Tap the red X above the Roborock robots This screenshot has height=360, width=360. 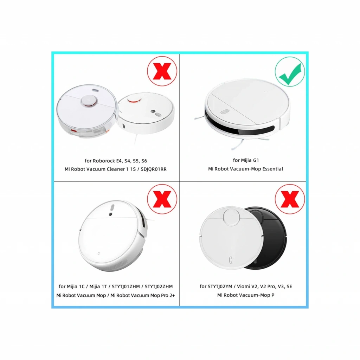pos(162,71)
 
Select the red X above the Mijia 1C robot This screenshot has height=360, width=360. pos(162,199)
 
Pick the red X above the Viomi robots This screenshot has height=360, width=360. pos(290,199)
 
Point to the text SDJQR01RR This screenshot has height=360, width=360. pos(153,169)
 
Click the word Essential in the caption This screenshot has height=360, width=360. pos(272,169)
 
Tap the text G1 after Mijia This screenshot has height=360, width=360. pos(256,160)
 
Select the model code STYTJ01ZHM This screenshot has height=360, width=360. pos(126,287)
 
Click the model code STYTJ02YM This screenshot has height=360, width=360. pos(220,287)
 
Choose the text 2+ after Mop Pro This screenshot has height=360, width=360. pos(172,295)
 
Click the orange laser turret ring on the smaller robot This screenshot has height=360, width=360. pos(135,100)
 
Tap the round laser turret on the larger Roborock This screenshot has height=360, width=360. pos(89,101)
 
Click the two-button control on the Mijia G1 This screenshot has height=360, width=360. pos(225,112)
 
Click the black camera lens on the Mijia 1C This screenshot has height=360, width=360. pos(111,214)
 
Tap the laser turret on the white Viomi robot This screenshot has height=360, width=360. pos(231,217)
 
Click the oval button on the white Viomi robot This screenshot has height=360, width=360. pos(231,260)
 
